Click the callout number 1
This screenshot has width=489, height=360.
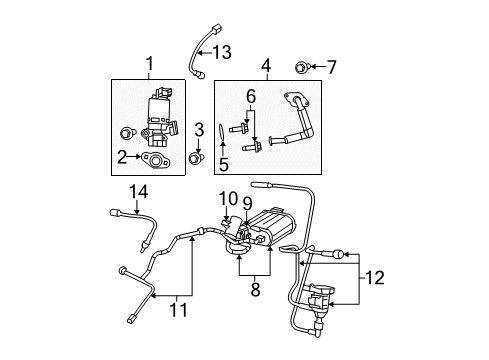[x=150, y=65]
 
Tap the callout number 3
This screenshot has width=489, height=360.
[x=199, y=129]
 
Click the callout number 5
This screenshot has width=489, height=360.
[x=225, y=164]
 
